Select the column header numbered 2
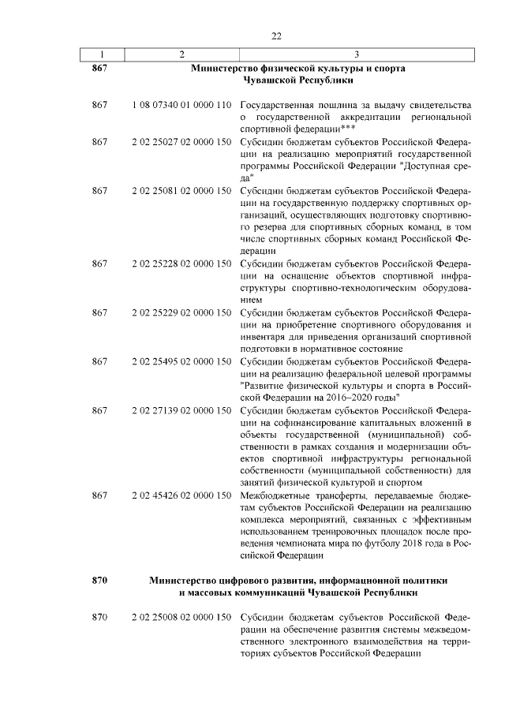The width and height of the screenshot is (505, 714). click(x=181, y=54)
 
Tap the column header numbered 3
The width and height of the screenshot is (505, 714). click(x=357, y=54)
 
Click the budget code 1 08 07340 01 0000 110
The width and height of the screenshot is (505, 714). click(x=181, y=105)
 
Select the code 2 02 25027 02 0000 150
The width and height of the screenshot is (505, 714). click(x=181, y=142)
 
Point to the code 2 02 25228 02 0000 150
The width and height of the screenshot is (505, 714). click(x=181, y=263)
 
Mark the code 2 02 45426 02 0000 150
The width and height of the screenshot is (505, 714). click(x=181, y=495)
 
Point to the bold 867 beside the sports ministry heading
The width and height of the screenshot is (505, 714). click(x=99, y=69)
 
